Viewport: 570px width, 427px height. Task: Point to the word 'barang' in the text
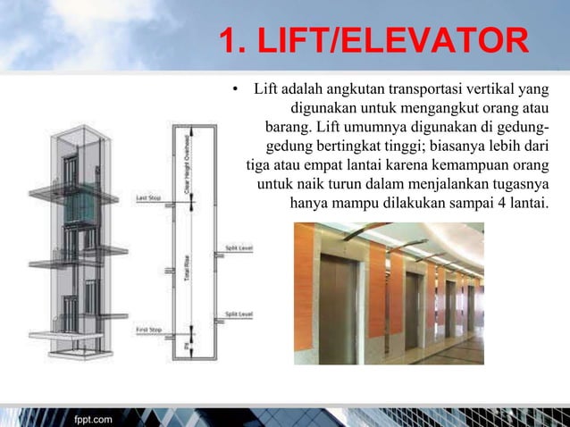(290, 126)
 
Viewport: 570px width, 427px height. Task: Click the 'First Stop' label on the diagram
(148, 331)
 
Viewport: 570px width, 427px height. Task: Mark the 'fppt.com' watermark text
(93, 417)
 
